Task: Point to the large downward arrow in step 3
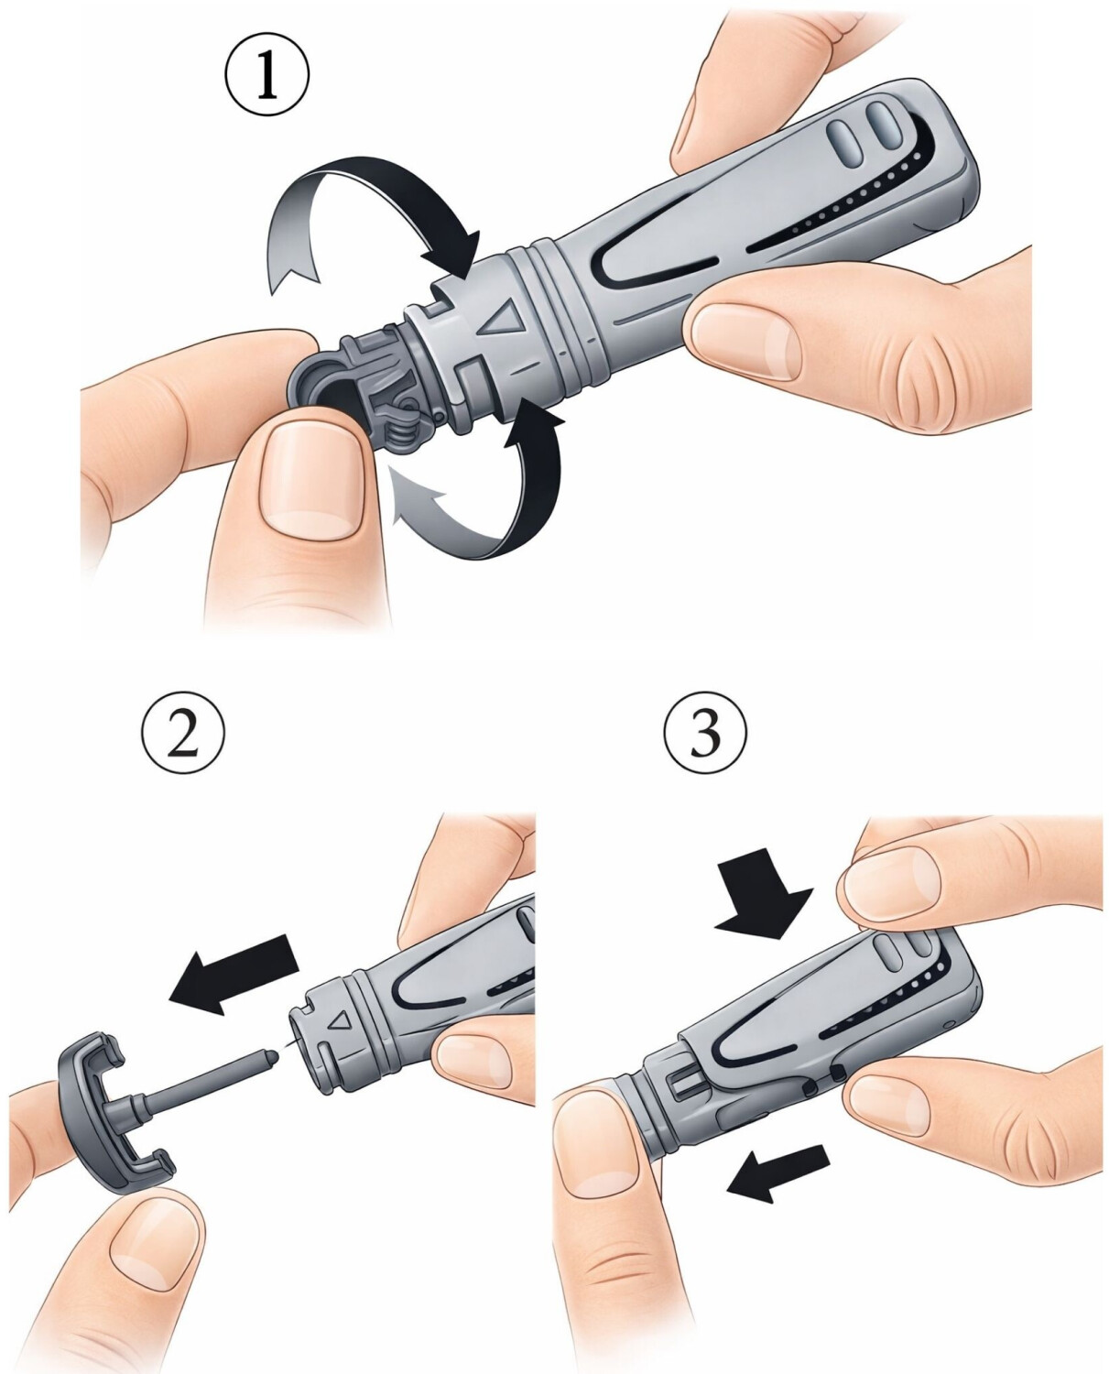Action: (763, 902)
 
